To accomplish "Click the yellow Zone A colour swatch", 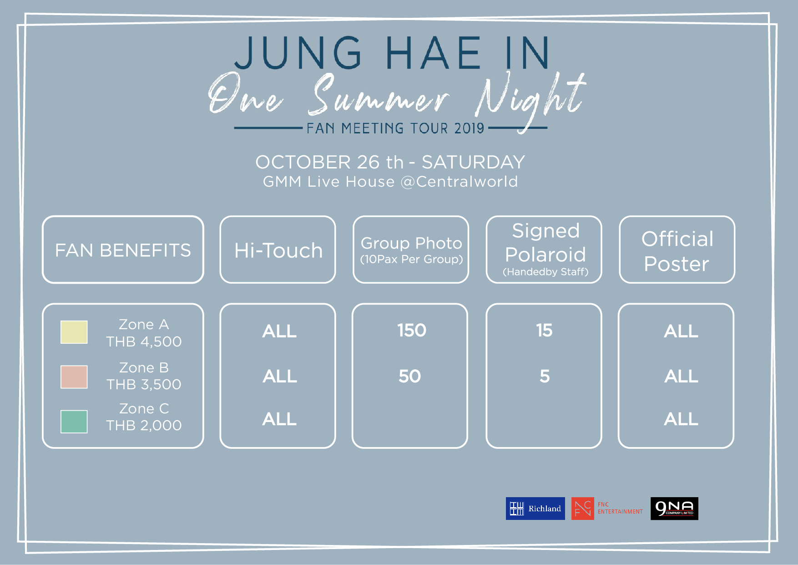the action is click(74, 332).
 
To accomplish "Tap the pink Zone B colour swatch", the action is click(74, 377).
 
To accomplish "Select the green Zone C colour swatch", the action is click(74, 421).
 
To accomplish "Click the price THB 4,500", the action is click(144, 341).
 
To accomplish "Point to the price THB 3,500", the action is click(144, 384).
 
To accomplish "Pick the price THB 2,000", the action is click(144, 425).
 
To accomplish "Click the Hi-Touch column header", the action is click(278, 250).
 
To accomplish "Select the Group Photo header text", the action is click(411, 243).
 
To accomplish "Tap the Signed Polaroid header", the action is click(545, 243).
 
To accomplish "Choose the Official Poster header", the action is click(677, 251).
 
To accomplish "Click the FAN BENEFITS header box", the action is click(123, 249).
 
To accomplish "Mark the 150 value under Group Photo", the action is click(412, 330).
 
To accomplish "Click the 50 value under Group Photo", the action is click(410, 376).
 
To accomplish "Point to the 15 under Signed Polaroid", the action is click(544, 330).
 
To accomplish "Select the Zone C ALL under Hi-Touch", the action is click(279, 419).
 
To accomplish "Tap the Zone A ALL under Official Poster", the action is click(681, 331).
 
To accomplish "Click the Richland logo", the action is click(535, 509).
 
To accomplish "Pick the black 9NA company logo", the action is click(674, 509).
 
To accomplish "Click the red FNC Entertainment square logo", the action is click(583, 509).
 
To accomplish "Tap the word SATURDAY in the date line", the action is click(473, 162).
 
